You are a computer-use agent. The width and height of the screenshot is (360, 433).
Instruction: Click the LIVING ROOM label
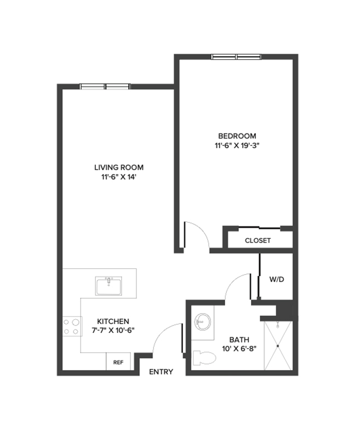pos(115,167)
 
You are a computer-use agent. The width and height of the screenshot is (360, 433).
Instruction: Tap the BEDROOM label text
pos(237,136)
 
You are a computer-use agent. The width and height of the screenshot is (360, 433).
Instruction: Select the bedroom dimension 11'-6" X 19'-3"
pos(237,146)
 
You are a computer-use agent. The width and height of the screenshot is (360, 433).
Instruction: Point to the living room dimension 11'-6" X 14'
pos(115,177)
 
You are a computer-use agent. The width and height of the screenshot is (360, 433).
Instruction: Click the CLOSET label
pos(258,240)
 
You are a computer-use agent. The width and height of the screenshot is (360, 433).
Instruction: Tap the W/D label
pos(277,279)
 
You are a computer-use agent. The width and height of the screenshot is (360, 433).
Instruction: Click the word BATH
pos(239,339)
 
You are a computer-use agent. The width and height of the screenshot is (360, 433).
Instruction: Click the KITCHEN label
pos(113,321)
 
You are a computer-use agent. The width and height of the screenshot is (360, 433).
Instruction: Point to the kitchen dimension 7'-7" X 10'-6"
pos(113,330)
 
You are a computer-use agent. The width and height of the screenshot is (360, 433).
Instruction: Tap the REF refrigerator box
pos(118,362)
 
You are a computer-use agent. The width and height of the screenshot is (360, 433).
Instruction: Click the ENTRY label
pos(161,372)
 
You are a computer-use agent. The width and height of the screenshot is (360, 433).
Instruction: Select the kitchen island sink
pos(110,286)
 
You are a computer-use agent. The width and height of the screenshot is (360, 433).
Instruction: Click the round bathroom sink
pos(202,321)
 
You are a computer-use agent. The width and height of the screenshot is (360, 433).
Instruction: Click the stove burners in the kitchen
pos(71,327)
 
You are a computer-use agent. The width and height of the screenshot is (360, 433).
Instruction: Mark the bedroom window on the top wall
pos(236,56)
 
